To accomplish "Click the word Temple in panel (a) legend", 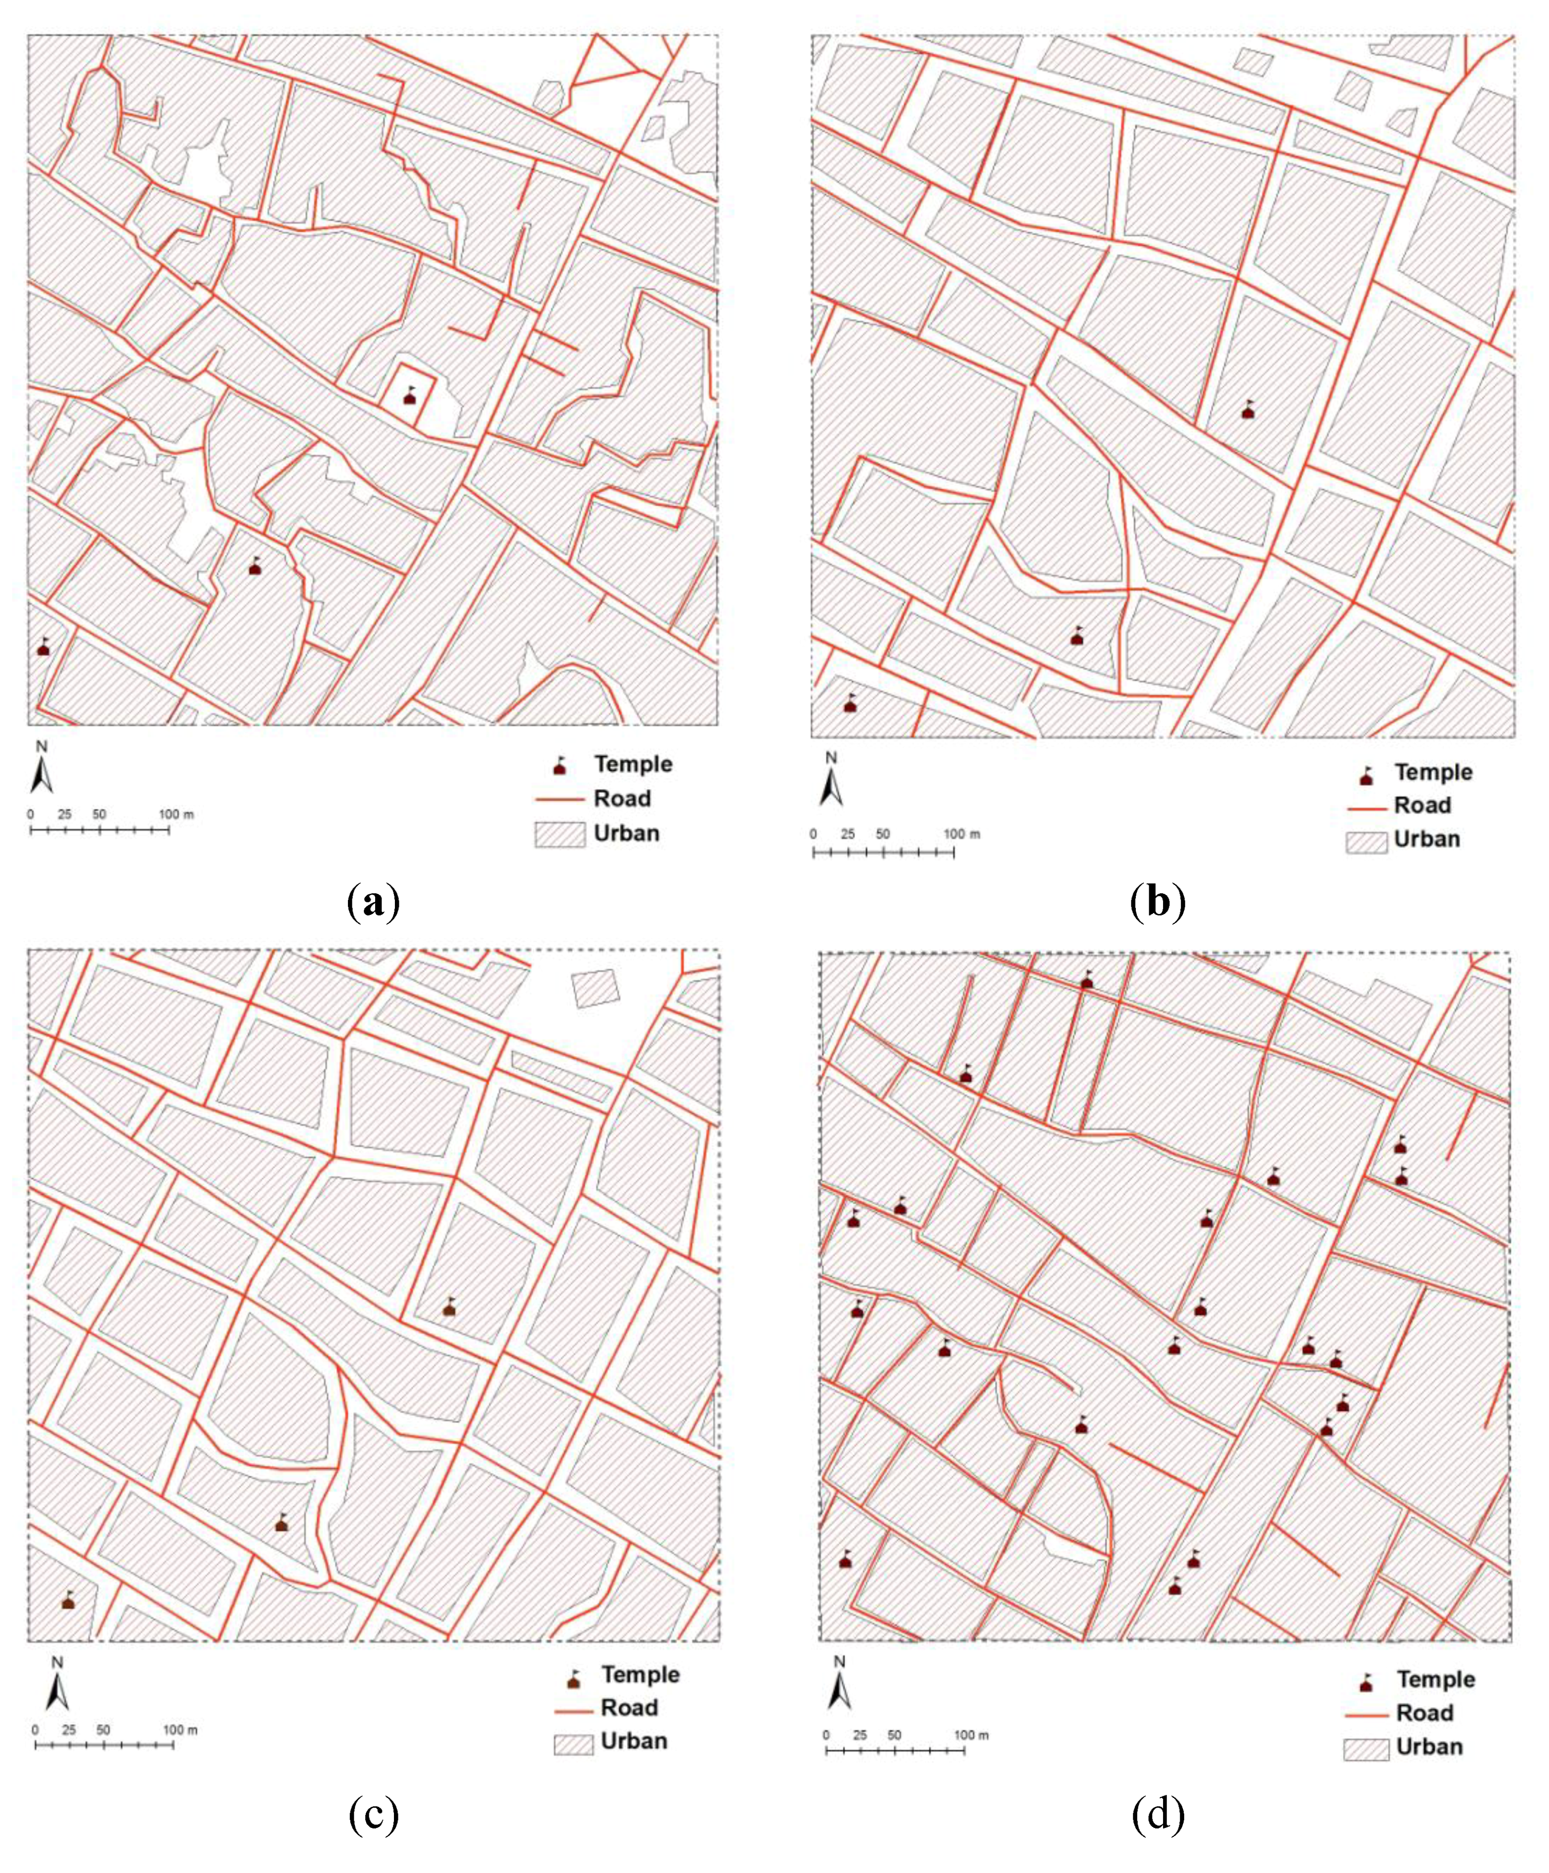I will (x=633, y=764).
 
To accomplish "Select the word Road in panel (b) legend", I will (x=1422, y=805).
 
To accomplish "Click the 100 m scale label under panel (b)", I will (x=961, y=834).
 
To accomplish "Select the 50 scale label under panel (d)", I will (x=894, y=1735).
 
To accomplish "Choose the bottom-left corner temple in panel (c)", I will (x=68, y=1600).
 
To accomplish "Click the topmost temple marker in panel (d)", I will (x=1086, y=980).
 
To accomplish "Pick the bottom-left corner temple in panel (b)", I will (x=850, y=704).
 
